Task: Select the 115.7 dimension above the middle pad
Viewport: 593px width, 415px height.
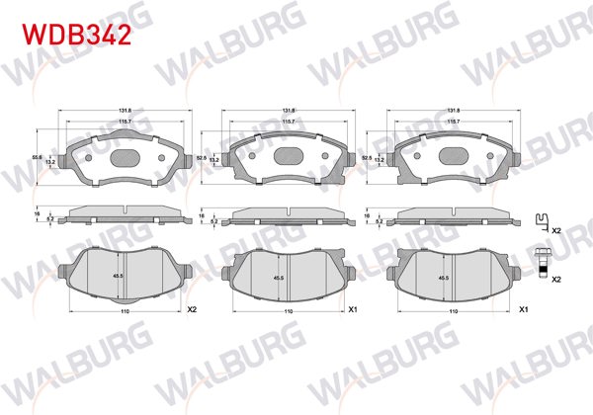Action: click(288, 121)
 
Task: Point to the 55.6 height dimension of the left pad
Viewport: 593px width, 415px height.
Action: click(63, 156)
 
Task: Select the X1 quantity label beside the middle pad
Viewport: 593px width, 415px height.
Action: click(353, 308)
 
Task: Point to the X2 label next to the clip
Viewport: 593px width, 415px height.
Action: click(556, 229)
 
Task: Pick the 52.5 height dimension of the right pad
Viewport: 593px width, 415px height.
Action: click(367, 156)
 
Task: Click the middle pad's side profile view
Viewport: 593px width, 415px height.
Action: click(288, 215)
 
